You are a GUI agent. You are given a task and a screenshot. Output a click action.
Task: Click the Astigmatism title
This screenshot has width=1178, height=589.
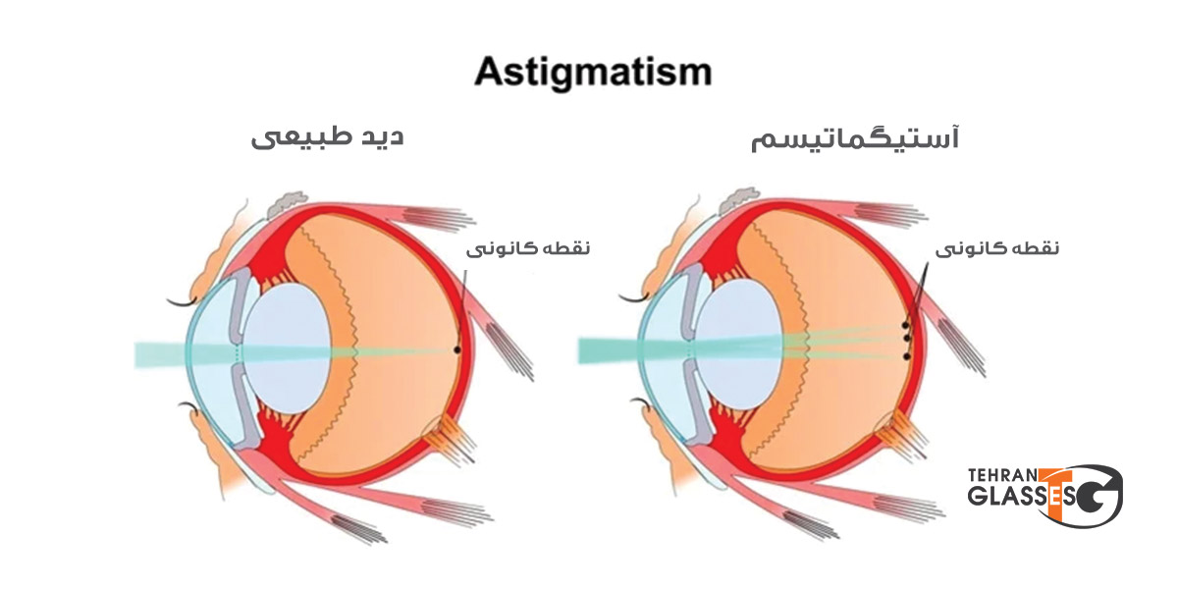click(x=593, y=73)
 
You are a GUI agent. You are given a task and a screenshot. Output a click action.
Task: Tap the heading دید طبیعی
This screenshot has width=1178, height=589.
click(x=327, y=137)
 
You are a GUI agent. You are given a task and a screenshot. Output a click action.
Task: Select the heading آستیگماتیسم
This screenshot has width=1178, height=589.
click(x=855, y=138)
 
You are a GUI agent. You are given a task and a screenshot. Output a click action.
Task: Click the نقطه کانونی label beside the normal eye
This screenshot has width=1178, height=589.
click(x=528, y=248)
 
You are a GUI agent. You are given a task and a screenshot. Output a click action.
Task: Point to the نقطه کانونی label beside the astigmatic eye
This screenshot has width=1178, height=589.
click(x=997, y=248)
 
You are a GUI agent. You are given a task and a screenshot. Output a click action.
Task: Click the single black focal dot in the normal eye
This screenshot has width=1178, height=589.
click(x=457, y=349)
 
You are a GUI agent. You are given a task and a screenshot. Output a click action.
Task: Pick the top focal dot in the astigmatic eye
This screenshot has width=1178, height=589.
click(x=905, y=326)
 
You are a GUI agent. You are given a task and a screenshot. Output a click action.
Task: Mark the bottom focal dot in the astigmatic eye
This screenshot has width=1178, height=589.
click(x=906, y=357)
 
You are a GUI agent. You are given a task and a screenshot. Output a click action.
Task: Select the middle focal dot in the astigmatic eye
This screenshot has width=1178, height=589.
click(x=906, y=338)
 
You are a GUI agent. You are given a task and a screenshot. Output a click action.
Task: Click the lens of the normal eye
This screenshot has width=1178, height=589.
click(x=288, y=348)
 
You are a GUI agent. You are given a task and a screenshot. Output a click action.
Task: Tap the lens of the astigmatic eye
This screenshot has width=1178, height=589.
click(x=738, y=345)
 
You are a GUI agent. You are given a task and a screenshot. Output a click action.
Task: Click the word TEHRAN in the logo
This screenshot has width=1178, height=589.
click(x=1002, y=476)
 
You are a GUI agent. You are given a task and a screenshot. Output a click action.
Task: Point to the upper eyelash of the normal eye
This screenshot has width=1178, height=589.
click(x=182, y=303)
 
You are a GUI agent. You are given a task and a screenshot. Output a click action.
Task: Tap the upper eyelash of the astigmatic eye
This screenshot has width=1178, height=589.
click(x=632, y=298)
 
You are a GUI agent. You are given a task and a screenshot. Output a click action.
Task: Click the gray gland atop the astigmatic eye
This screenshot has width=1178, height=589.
click(x=738, y=200)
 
